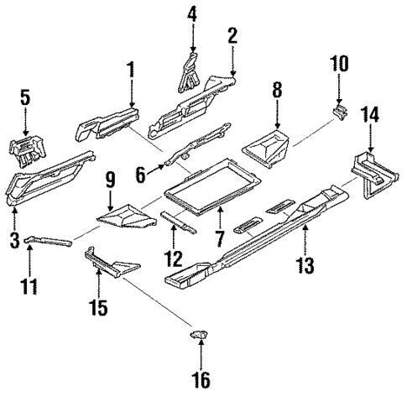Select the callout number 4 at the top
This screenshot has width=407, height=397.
click(x=191, y=14)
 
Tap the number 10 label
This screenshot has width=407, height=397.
click(x=338, y=64)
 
